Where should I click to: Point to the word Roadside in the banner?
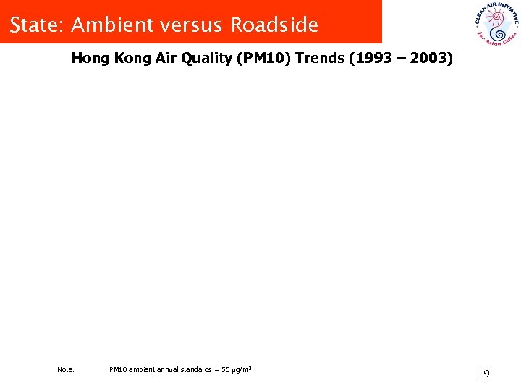274,25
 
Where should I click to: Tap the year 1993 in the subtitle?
371,59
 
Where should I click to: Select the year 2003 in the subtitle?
430,59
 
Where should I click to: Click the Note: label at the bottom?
65,370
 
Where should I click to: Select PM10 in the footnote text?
117,370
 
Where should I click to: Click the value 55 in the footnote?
225,370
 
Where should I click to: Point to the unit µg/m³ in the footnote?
241,370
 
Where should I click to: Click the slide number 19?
483,374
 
